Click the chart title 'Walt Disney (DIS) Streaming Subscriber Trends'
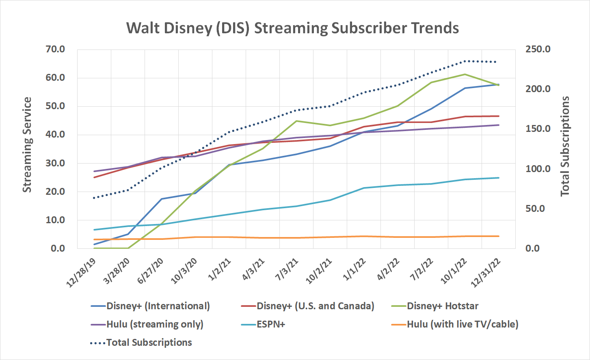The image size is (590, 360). pos(292,28)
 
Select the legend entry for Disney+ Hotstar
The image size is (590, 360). pos(442,306)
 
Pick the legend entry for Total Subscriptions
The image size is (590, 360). pos(149,343)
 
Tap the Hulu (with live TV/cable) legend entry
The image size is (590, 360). pos(462,324)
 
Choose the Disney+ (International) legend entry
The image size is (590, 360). pos(158,306)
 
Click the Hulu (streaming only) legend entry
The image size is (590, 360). pos(155,324)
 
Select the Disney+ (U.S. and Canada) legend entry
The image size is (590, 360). pos(315,306)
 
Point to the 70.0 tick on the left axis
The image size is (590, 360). pos(55,50)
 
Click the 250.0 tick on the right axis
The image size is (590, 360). pos(538,50)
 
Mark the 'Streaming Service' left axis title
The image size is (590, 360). pos(27,145)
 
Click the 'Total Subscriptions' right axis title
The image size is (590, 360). pos(565,146)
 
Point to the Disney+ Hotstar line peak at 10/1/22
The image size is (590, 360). pos(465,74)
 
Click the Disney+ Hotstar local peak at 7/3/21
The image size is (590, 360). pos(296,121)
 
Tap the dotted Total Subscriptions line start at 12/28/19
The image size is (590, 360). pos(94,198)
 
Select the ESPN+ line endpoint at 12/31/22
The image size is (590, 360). pos(499,178)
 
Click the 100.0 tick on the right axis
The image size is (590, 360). pos(538,169)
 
